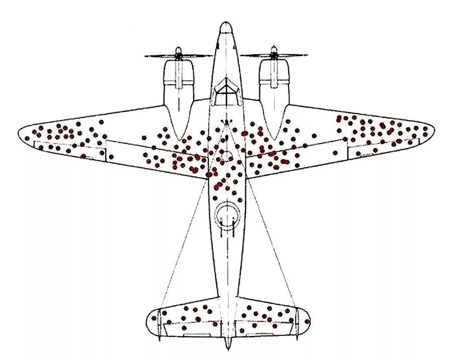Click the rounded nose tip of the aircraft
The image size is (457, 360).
click(x=225, y=26)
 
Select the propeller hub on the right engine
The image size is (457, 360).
click(x=273, y=56)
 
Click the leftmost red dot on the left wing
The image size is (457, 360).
click(x=27, y=138)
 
